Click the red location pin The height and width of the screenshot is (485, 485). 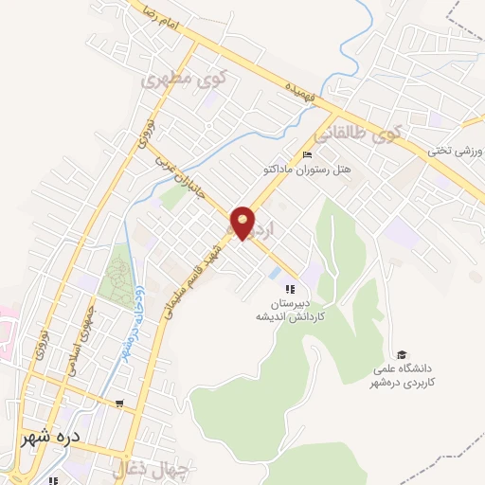click(x=243, y=223)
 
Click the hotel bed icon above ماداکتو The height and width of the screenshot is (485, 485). click(x=305, y=155)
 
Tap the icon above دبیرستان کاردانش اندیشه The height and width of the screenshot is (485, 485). click(x=291, y=288)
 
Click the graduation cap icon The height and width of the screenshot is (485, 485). click(x=404, y=352)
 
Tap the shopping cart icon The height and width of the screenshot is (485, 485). click(x=118, y=404)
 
